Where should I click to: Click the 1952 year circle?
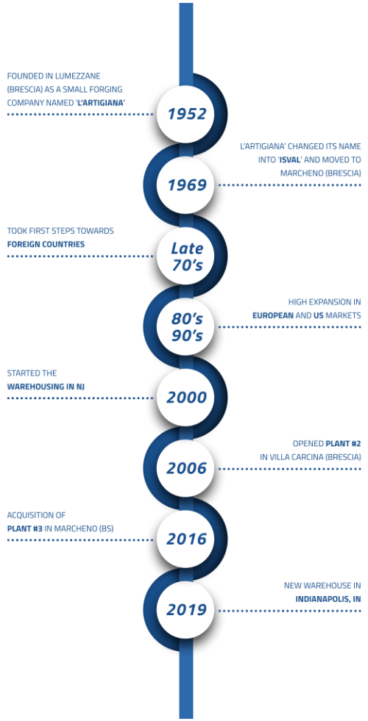pos(185,114)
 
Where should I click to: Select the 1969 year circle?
pos(185,185)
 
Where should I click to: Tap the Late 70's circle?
pos(185,256)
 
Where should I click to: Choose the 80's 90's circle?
pos(185,327)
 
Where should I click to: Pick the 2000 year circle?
pos(185,398)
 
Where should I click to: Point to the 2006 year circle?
pos(185,469)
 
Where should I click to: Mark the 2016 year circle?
pos(185,539)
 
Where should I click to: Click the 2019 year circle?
pos(185,610)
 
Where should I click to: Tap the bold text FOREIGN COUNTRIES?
pos(46,244)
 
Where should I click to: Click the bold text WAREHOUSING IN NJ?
pos(46,387)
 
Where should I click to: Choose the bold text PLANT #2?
pos(343,444)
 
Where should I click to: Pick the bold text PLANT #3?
pos(25,528)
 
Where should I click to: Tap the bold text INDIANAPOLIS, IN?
pos(328,600)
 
